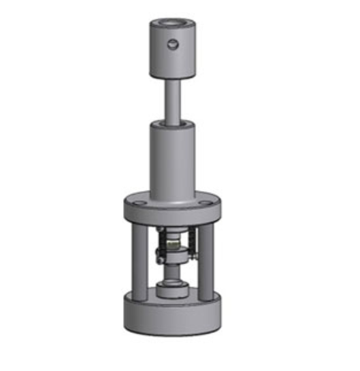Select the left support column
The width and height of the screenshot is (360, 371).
tap(139, 262)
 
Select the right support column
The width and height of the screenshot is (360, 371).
tap(206, 262)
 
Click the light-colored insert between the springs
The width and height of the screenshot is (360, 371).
tap(174, 242)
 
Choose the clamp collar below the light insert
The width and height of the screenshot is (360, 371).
tap(175, 256)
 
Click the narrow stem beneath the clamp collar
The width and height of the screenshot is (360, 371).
tap(174, 272)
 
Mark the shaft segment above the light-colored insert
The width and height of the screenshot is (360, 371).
tap(174, 231)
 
